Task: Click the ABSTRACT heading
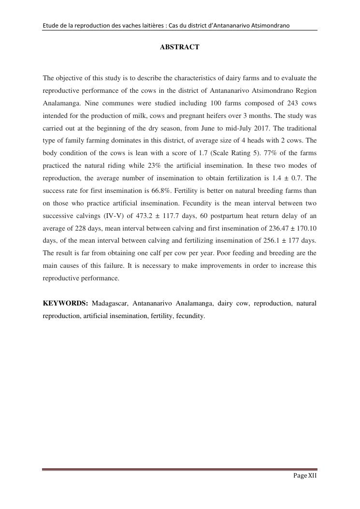(179, 47)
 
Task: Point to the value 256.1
(271, 241)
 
